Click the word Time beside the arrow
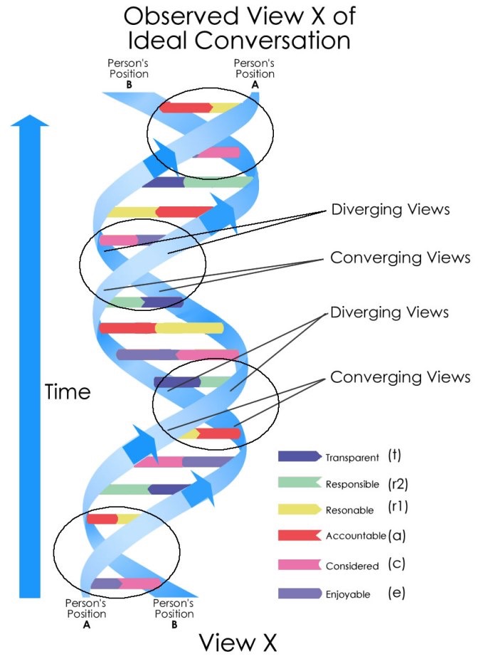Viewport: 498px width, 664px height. point(68,391)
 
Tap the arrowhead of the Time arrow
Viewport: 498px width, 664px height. point(30,120)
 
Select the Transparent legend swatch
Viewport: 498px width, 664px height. point(300,456)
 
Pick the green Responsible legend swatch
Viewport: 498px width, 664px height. point(300,483)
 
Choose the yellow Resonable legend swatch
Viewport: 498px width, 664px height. point(300,509)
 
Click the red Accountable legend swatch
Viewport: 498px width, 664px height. point(300,535)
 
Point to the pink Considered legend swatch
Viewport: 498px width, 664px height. point(300,564)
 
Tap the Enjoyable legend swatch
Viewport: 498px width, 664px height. point(300,594)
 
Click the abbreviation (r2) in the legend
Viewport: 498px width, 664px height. point(398,484)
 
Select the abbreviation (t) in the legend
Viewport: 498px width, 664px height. point(394,455)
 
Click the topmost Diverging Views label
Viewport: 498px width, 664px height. point(391,209)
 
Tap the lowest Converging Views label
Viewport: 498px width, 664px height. point(400,377)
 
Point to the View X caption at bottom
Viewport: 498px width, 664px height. point(238,643)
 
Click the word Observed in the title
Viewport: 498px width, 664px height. point(182,16)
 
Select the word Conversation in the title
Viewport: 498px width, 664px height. point(272,41)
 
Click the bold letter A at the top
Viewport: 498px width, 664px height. point(255,85)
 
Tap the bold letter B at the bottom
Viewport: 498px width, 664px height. point(174,625)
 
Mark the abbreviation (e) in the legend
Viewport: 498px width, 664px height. point(396,593)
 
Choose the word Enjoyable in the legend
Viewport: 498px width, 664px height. point(348,594)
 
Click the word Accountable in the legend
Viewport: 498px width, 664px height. point(356,536)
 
